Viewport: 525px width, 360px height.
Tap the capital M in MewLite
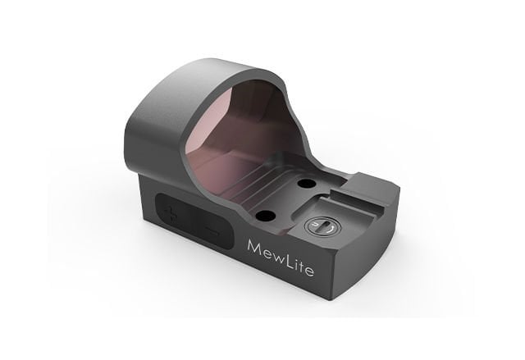point(254,248)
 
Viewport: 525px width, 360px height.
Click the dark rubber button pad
point(194,221)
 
